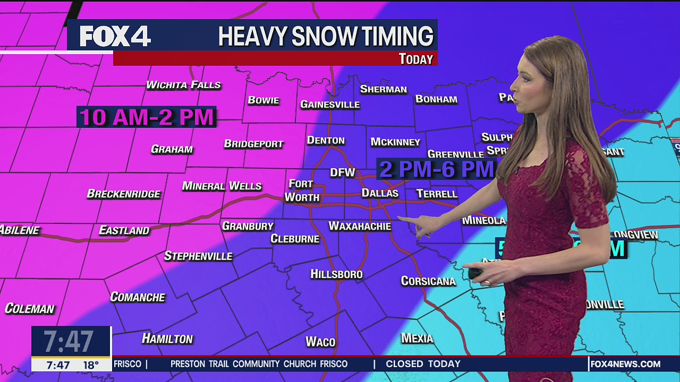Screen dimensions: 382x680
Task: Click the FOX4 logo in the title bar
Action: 115,37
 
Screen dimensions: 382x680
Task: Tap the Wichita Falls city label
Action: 183,85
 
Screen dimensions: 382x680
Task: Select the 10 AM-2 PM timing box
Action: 147,117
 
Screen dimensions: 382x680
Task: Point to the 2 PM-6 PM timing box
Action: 436,169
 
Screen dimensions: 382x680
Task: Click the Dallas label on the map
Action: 380,193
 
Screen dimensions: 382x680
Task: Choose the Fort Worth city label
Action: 302,190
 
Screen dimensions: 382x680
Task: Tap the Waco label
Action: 320,342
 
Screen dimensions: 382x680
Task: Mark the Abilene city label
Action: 19,230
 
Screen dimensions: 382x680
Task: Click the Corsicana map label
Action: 428,281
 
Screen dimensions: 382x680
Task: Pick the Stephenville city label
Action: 198,256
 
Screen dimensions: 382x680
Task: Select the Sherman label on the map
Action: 384,89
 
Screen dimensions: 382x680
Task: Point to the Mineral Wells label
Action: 222,186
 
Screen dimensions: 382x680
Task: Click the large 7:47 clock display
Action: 69,341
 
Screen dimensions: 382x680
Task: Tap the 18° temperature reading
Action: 91,365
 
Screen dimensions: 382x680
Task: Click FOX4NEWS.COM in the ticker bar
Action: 626,364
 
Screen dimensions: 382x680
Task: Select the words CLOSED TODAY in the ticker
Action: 423,364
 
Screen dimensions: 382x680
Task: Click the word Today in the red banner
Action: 416,59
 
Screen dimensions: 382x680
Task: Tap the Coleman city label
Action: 30,309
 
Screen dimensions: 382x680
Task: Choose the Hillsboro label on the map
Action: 336,274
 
